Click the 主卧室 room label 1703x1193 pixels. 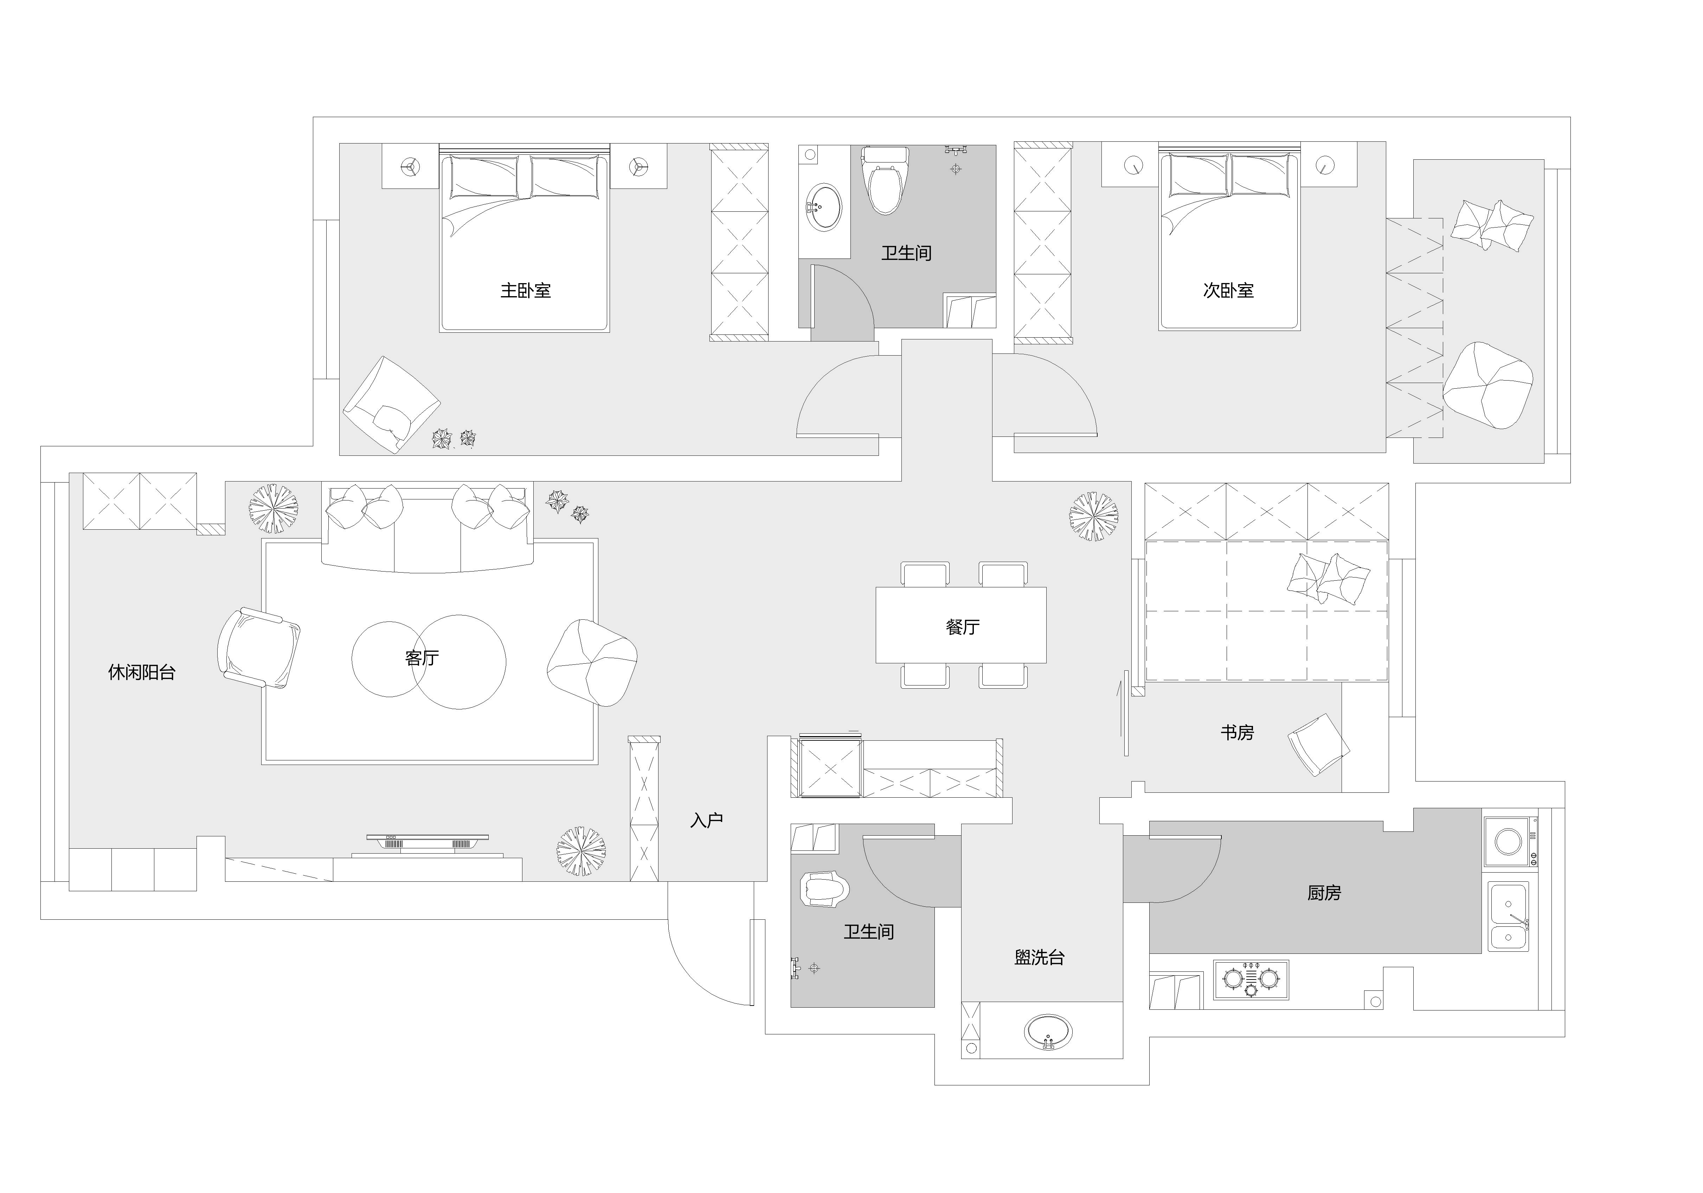(x=525, y=290)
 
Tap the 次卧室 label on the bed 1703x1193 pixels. (x=1228, y=290)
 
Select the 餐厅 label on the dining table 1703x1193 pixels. (x=962, y=627)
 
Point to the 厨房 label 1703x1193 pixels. (x=1324, y=893)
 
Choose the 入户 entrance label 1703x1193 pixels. (x=706, y=820)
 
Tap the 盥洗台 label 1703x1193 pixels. (x=1039, y=957)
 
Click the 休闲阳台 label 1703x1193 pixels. (x=142, y=672)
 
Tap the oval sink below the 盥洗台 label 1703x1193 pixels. (x=1048, y=1031)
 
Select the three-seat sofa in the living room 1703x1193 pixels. (x=427, y=530)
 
